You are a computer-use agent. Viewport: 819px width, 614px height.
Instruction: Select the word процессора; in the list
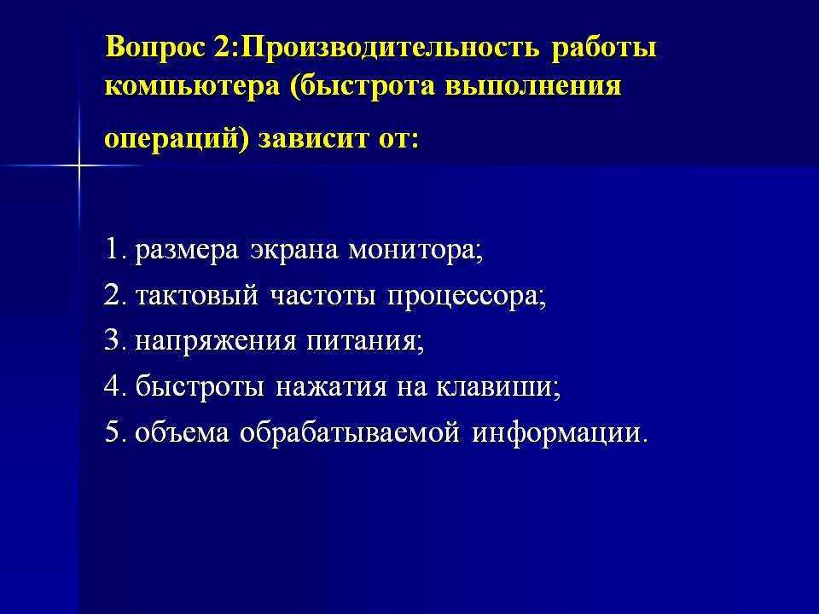click(467, 296)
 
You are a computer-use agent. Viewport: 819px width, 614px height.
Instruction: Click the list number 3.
click(113, 341)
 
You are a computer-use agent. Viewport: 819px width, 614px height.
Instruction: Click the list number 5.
click(113, 432)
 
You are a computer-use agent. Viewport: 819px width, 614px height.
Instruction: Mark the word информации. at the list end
click(561, 432)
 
